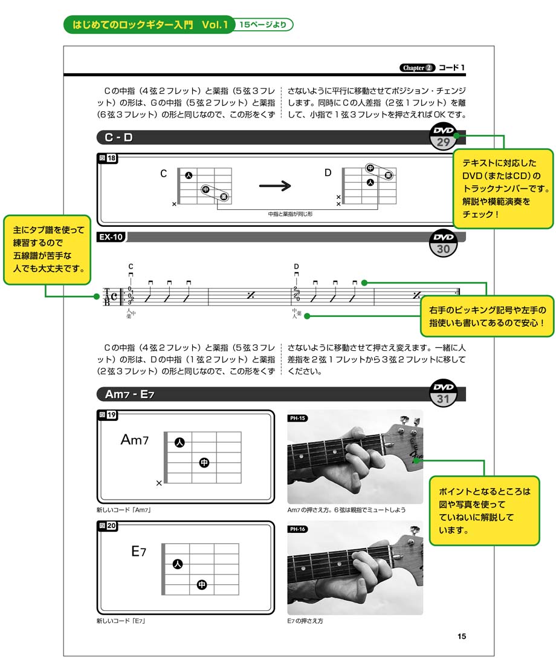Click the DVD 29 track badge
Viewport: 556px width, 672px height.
point(443,138)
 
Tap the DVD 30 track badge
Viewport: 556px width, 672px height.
point(448,243)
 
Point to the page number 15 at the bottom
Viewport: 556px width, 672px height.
point(461,636)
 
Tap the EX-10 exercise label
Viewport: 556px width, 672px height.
point(111,237)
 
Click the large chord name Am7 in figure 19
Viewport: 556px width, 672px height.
point(134,440)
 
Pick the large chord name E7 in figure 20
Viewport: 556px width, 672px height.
point(138,551)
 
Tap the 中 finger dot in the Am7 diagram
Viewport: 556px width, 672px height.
point(204,463)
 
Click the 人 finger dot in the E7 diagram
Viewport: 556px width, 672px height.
point(177,564)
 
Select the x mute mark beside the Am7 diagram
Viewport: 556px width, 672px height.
point(159,483)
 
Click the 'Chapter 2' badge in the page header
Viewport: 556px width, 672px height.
point(417,68)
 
